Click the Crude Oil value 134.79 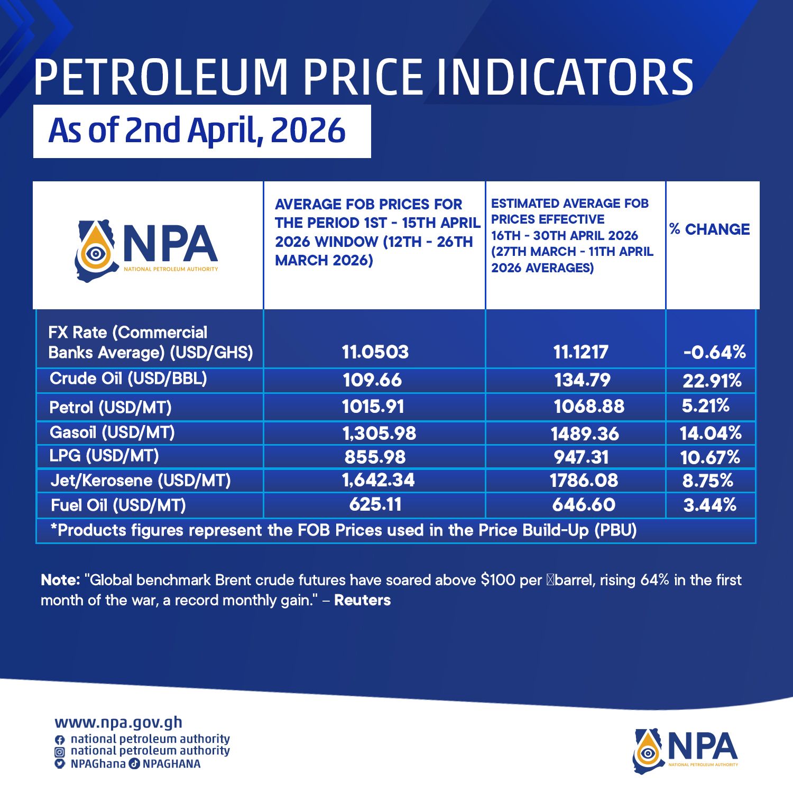tap(582, 380)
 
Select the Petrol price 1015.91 tap(373, 407)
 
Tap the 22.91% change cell tap(712, 381)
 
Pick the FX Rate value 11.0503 tap(375, 352)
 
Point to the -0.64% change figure tap(714, 352)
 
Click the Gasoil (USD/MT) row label tap(112, 432)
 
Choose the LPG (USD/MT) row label tap(104, 456)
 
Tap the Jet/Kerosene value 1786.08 tap(584, 481)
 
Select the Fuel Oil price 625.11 tap(375, 504)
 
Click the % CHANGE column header tap(709, 229)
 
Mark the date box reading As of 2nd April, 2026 tap(202, 131)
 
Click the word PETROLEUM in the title tap(161, 77)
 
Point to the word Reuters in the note tap(363, 600)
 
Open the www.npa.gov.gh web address tap(118, 722)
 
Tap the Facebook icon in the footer tap(60, 740)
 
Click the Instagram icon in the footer tap(60, 751)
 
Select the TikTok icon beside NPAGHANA tap(135, 763)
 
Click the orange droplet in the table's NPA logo tap(96, 251)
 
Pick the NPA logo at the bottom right tap(686, 750)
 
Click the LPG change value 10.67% tap(710, 457)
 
